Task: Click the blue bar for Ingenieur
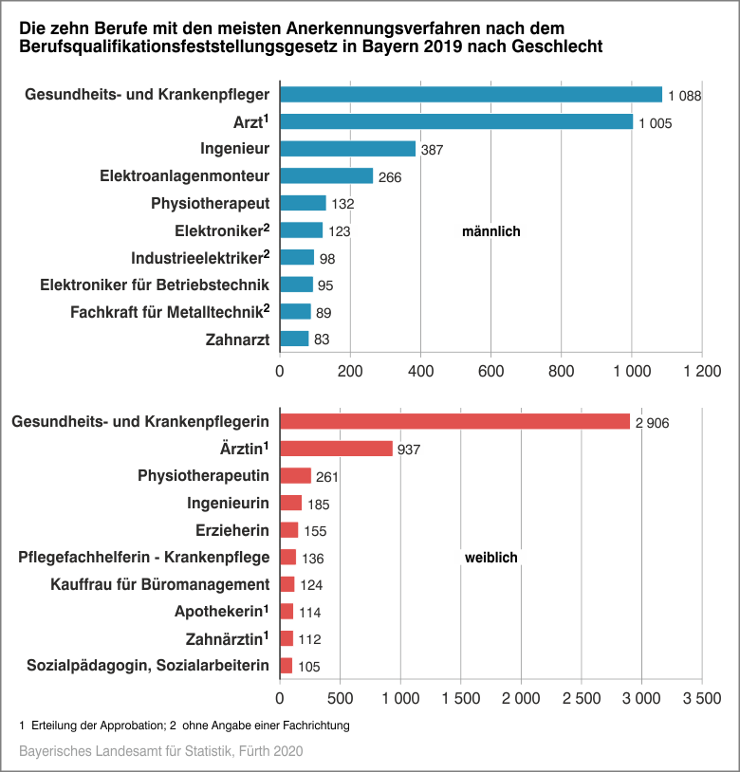click(x=347, y=149)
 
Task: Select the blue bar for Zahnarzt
click(x=294, y=339)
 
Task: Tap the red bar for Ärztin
click(x=336, y=449)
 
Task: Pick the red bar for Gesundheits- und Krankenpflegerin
click(x=455, y=421)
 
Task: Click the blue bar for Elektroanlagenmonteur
click(x=326, y=175)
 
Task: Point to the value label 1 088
click(x=684, y=96)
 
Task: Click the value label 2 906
click(x=653, y=423)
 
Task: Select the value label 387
click(x=433, y=150)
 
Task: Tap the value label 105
click(x=309, y=667)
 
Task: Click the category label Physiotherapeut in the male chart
click(x=211, y=203)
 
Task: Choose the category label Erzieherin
click(x=232, y=530)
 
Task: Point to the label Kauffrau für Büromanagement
click(x=160, y=584)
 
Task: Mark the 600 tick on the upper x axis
click(x=490, y=371)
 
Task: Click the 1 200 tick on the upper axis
click(x=702, y=371)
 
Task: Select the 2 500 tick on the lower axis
click(x=582, y=698)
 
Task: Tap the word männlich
click(x=491, y=231)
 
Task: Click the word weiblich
click(x=491, y=558)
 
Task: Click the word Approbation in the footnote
click(x=132, y=726)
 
